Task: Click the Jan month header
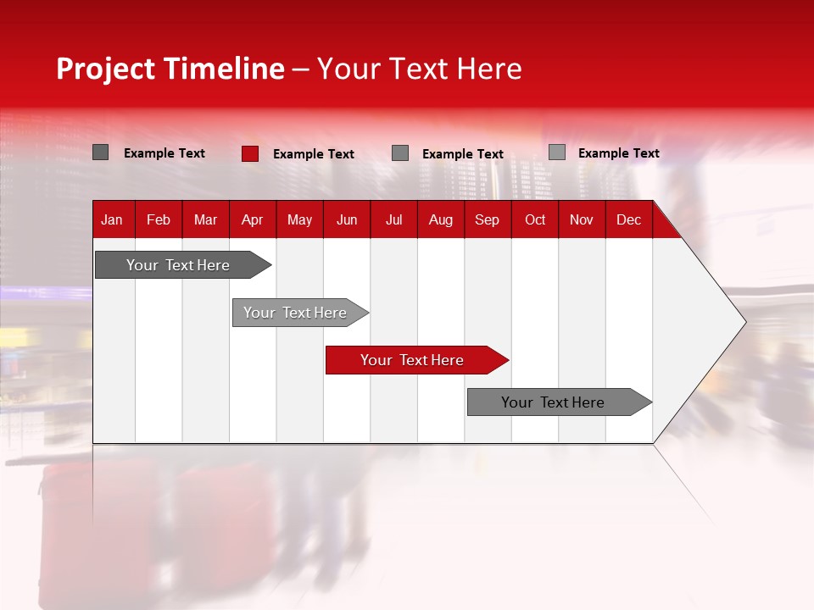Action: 112,220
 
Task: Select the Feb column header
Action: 159,220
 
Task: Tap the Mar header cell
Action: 205,220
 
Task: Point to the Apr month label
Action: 252,220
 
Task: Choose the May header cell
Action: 299,220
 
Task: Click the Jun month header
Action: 347,220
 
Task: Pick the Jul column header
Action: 393,220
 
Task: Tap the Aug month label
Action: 440,220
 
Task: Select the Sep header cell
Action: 487,220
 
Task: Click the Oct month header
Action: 535,220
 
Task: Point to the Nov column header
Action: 582,220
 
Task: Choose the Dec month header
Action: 628,220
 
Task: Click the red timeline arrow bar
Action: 415,360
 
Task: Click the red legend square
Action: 249,153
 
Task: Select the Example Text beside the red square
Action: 313,154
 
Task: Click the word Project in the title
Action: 105,69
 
